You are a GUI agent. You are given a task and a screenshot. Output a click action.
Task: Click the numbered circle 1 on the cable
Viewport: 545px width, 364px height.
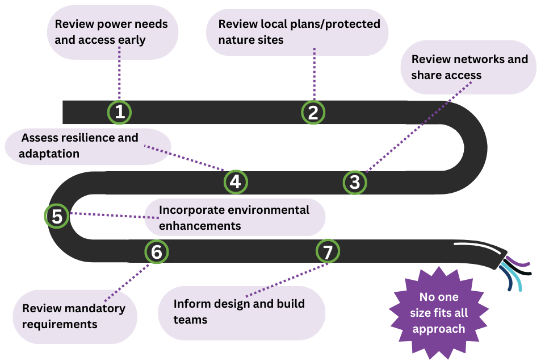click(x=119, y=112)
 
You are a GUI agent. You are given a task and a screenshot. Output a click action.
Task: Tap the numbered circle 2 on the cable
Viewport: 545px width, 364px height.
click(x=313, y=112)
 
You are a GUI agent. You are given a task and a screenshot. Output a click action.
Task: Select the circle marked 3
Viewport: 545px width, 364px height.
click(x=355, y=183)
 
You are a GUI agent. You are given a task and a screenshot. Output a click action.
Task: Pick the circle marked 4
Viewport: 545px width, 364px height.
click(x=236, y=182)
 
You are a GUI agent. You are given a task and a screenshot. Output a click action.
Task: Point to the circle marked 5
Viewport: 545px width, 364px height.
click(x=57, y=216)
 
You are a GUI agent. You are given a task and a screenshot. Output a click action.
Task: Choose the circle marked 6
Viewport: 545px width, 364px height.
click(x=157, y=251)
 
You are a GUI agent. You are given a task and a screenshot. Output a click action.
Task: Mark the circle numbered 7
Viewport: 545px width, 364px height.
click(x=327, y=251)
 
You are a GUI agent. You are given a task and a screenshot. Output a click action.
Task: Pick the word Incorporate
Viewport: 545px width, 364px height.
click(x=192, y=210)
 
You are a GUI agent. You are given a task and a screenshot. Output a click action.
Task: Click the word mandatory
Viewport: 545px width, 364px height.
click(x=91, y=309)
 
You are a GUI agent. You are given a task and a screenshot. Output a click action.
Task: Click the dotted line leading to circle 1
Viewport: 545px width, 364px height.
click(x=120, y=74)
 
